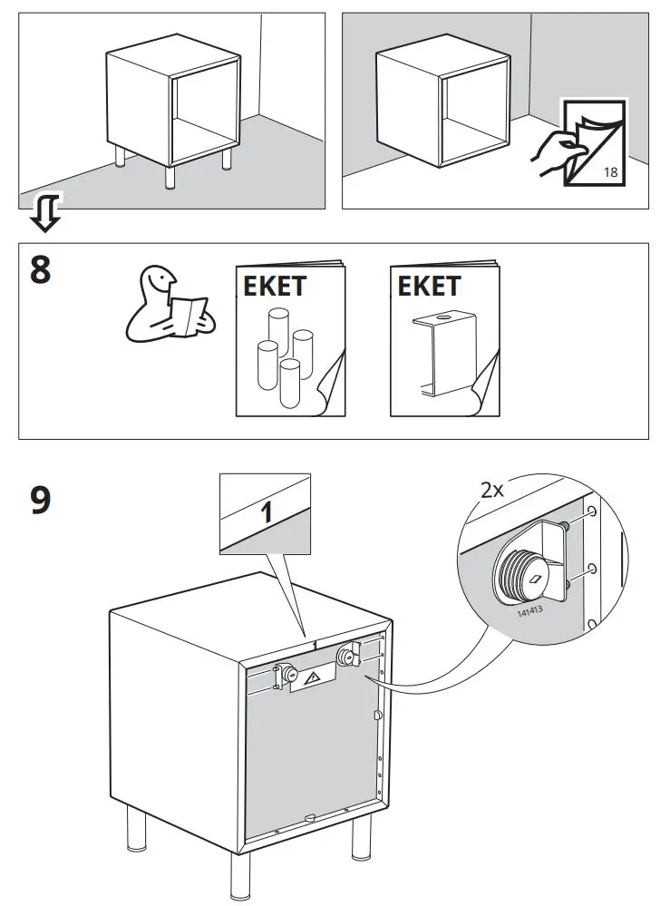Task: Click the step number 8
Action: [x=41, y=270]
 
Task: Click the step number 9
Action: [x=41, y=500]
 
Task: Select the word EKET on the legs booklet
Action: [x=275, y=287]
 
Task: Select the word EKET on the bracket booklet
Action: [x=429, y=287]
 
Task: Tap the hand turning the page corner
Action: [x=556, y=149]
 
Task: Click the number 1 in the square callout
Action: [x=266, y=512]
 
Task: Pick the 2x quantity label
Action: [x=492, y=490]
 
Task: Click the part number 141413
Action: [x=529, y=610]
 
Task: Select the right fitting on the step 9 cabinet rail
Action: [x=346, y=657]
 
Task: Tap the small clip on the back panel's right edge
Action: [x=377, y=716]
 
